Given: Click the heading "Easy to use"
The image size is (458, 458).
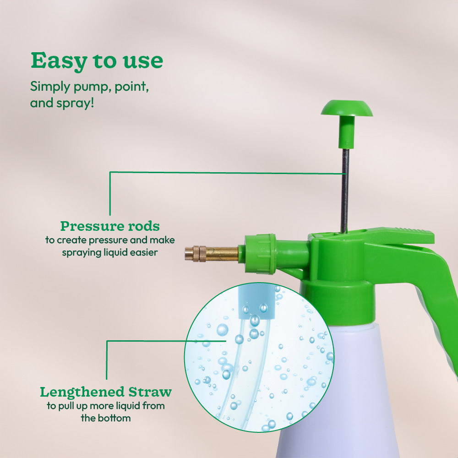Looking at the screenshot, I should click(x=97, y=61).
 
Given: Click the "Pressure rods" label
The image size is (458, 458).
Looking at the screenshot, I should click(x=110, y=226).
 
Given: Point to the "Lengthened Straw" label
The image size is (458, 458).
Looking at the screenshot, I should click(x=105, y=393).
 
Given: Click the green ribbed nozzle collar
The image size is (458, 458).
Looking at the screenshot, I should click(x=260, y=254).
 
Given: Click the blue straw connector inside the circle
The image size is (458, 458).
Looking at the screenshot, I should click(x=257, y=302).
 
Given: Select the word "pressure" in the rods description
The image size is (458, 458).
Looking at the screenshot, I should click(x=114, y=240).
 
